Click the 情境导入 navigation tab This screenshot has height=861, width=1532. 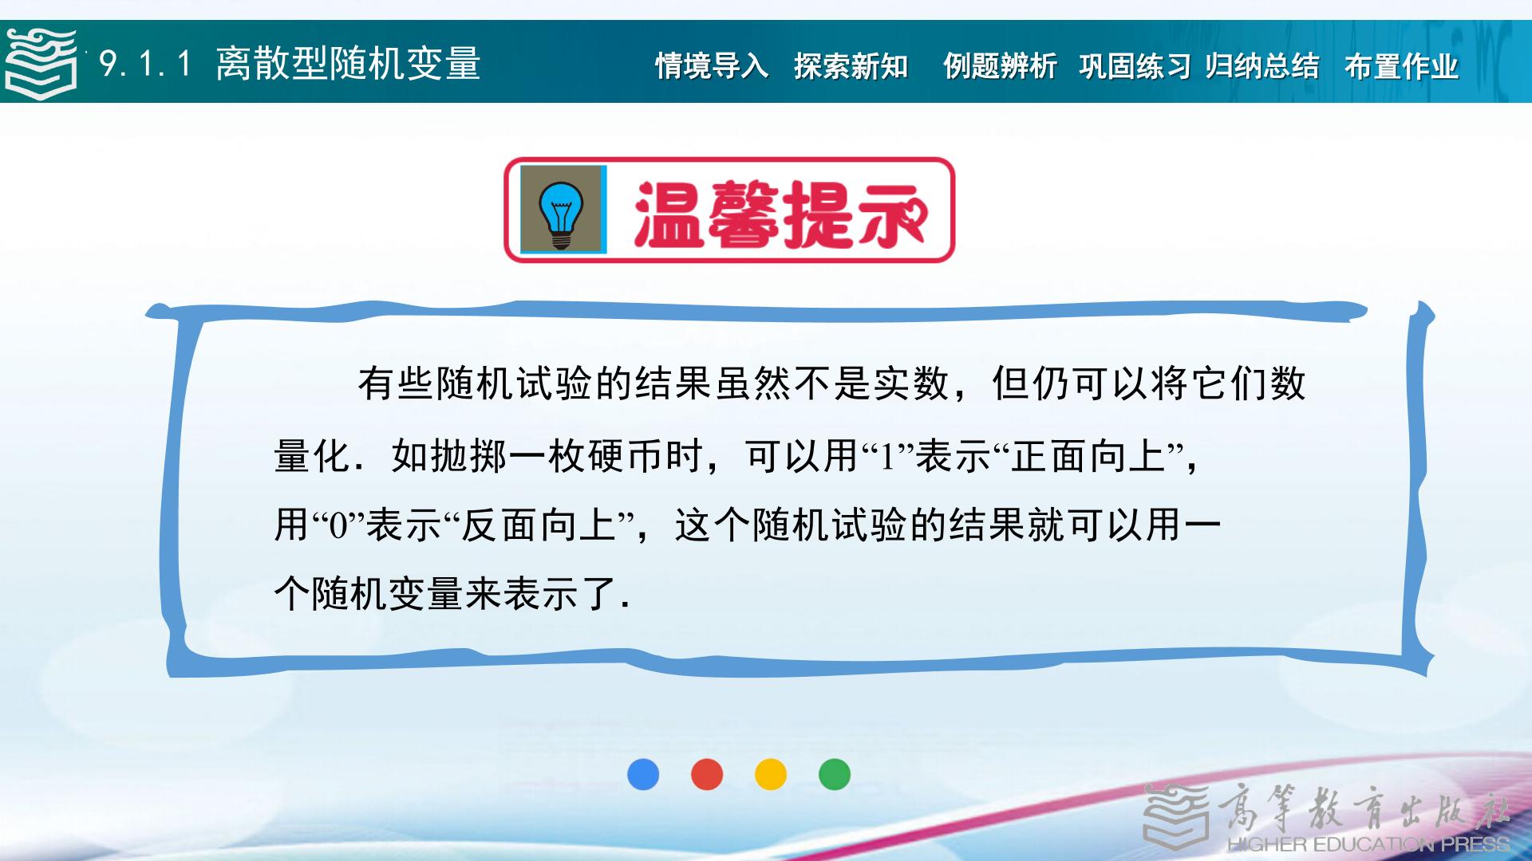coord(712,66)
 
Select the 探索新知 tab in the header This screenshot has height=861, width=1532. coord(851,66)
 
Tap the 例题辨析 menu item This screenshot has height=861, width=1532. coord(1000,66)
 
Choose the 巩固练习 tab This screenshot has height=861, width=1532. coord(1135,66)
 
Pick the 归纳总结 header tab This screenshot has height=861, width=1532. coord(1262,66)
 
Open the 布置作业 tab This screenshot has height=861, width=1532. coord(1401,66)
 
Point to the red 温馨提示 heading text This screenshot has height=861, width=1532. coord(780,213)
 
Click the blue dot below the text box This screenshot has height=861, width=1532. coord(643,774)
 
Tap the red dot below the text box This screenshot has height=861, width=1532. coord(707,774)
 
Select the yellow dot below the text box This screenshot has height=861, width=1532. coord(771,774)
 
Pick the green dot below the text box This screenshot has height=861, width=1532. coord(835,774)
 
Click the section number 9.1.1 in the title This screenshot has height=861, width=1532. coord(145,64)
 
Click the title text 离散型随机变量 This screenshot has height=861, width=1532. coord(348,64)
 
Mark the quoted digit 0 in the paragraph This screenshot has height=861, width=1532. coord(338,526)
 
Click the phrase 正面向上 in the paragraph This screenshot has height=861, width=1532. coord(1088,457)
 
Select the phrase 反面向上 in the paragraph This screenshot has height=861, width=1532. coord(540,525)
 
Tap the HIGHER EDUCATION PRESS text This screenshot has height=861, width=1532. coord(1368,843)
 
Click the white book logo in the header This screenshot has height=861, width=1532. coord(41,64)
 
